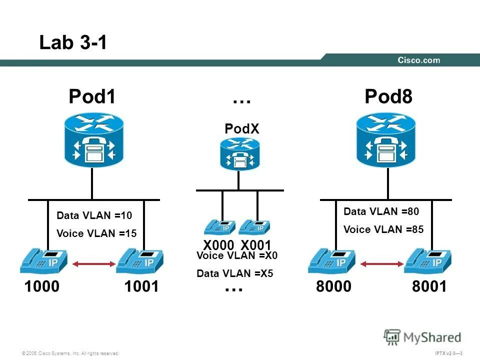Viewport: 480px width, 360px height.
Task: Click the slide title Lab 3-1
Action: [73, 43]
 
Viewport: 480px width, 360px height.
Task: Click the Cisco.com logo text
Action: [418, 60]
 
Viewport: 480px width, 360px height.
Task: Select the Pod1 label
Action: [92, 97]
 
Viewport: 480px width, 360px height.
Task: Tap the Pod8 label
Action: [388, 97]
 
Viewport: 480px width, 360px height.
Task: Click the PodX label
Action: [242, 129]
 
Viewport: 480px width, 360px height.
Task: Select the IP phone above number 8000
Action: [331, 260]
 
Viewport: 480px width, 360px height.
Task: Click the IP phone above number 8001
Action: [427, 260]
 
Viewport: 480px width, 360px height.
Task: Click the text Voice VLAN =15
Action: [96, 233]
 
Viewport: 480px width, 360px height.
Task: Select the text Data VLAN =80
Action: [381, 211]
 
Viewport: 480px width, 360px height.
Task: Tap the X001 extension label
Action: [255, 245]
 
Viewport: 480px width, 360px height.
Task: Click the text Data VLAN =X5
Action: [234, 273]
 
